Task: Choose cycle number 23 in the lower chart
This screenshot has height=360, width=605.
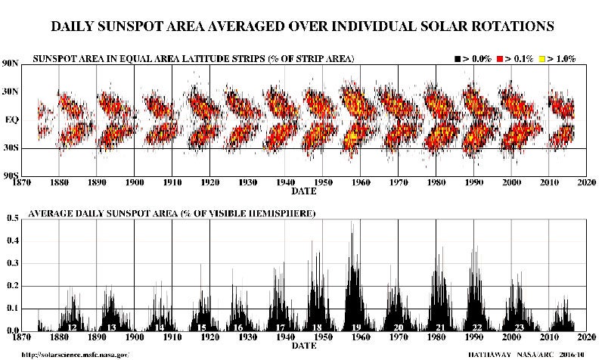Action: (x=517, y=327)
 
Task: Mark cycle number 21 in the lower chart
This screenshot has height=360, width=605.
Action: (x=439, y=327)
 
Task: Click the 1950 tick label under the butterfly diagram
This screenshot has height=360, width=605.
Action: (x=324, y=182)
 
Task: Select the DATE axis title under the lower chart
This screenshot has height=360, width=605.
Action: (x=304, y=346)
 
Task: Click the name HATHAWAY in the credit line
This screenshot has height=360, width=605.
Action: (x=472, y=354)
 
